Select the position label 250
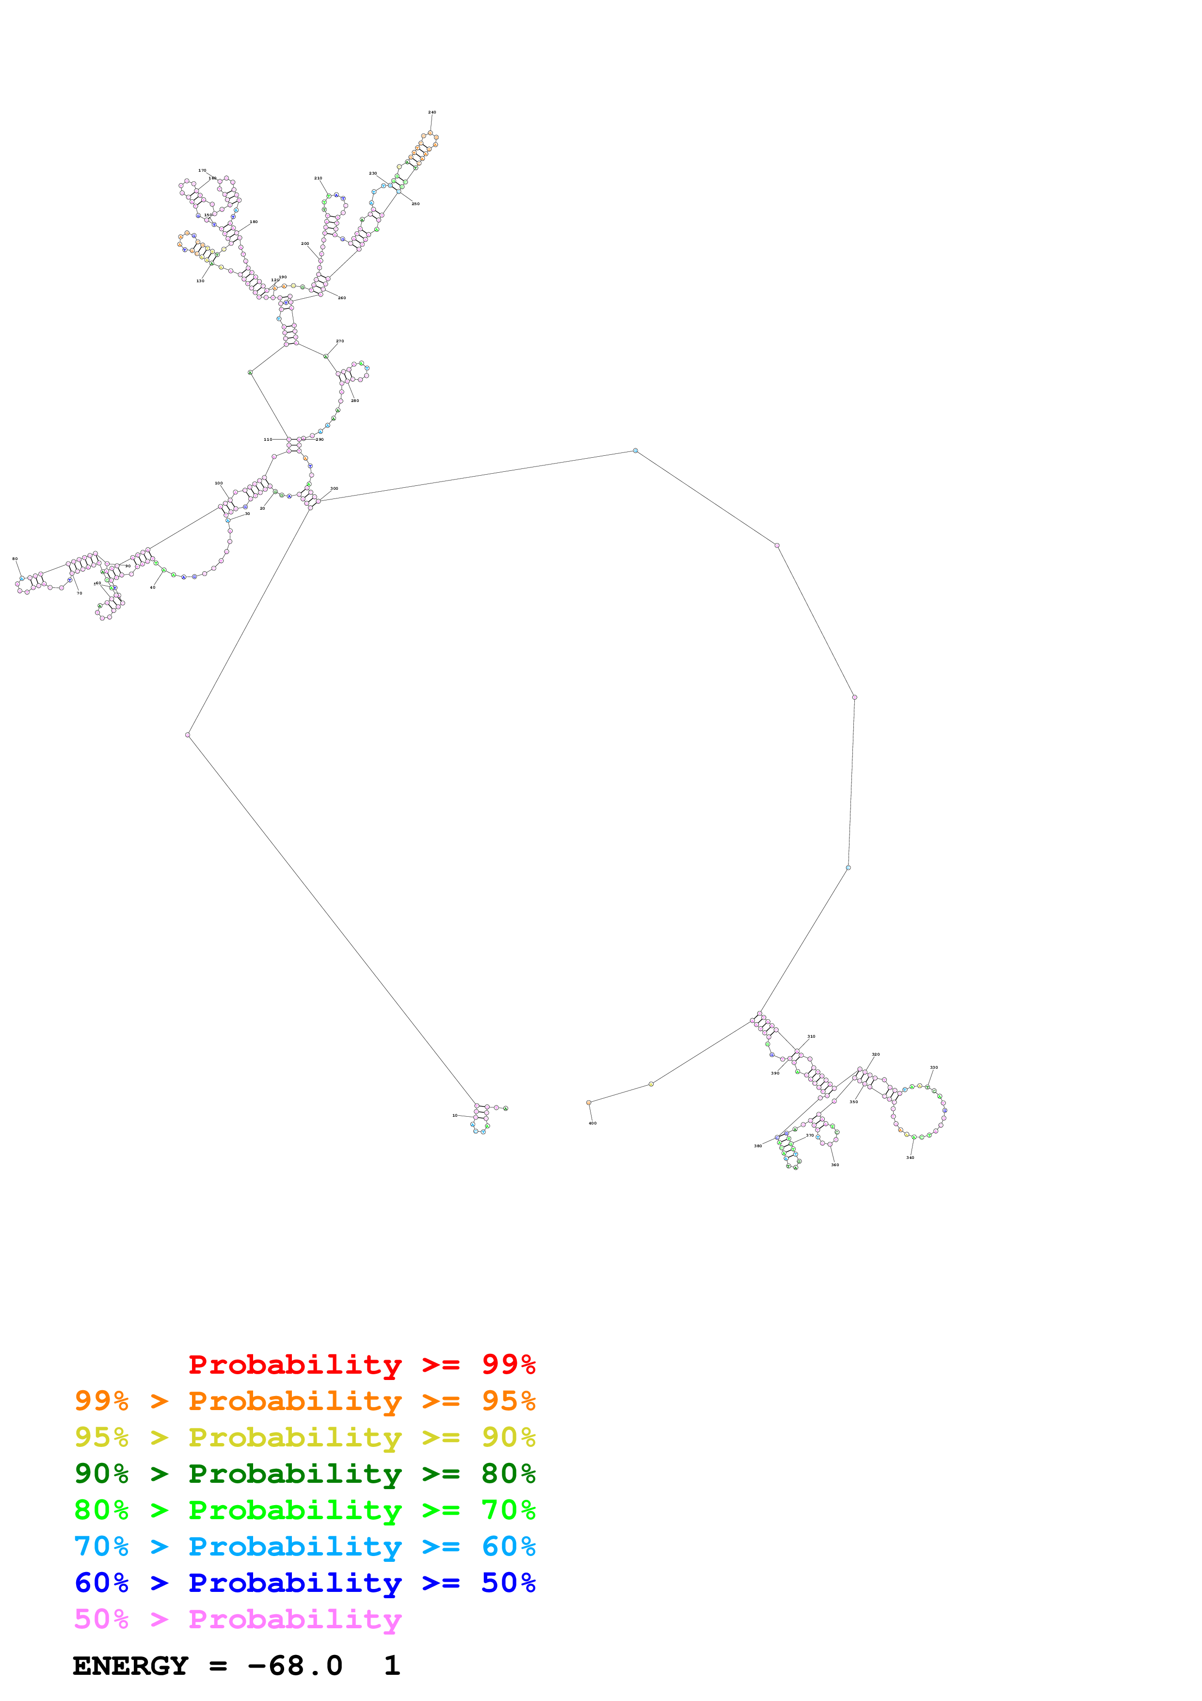(x=416, y=204)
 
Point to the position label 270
(x=340, y=341)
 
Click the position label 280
(x=355, y=401)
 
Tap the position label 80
(x=15, y=559)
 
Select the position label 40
(x=153, y=588)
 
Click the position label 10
(x=455, y=1115)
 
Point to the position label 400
(x=593, y=1123)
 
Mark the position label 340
(x=910, y=1157)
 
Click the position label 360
(x=834, y=1165)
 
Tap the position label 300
(x=334, y=489)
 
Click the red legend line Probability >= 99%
(x=361, y=1364)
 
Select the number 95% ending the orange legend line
(x=508, y=1401)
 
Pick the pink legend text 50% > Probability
(x=237, y=1619)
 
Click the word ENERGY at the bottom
(x=130, y=1666)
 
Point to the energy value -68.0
(x=295, y=1666)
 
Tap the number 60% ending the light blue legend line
(x=508, y=1546)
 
